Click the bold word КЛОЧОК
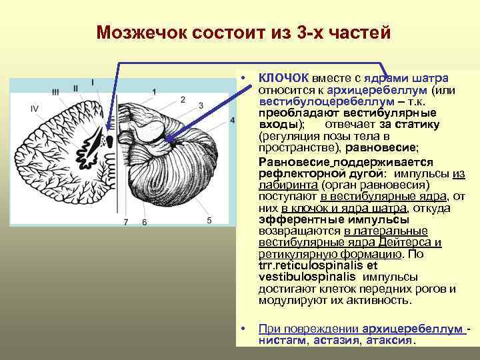point(283,78)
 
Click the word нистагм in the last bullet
point(281,340)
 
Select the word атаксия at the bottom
point(389,340)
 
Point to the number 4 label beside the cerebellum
point(231,120)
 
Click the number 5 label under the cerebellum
point(209,220)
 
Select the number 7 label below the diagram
point(125,221)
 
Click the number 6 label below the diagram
point(144,221)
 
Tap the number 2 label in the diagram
point(182,100)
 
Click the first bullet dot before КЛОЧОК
point(245,79)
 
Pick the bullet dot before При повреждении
point(245,329)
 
